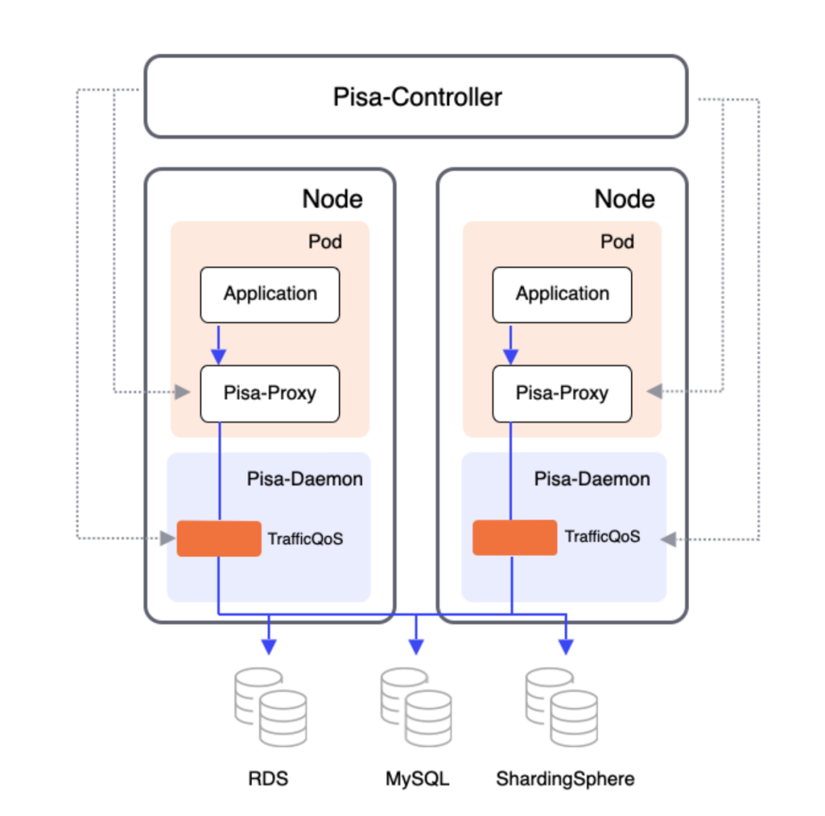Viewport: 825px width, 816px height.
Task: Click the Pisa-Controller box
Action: tap(416, 96)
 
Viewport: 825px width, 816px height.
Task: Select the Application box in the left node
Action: tap(270, 294)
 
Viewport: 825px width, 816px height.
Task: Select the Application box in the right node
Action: tap(562, 294)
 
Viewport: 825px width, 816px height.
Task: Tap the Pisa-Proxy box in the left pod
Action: tap(270, 394)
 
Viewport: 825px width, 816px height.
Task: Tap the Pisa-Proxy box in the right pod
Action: tap(562, 394)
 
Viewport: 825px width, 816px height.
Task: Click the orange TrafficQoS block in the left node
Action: tap(219, 538)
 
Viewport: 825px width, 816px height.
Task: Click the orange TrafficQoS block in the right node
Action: tap(515, 538)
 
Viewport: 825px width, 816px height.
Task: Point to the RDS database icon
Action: tap(270, 707)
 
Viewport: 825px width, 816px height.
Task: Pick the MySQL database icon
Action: tap(416, 707)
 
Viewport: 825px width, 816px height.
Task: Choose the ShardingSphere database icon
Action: tap(561, 707)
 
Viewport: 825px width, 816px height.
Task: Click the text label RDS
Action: tap(268, 779)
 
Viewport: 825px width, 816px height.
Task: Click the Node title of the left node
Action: tap(332, 199)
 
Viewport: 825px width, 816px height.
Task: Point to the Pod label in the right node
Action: tap(617, 242)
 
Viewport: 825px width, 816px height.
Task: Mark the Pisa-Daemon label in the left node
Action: tap(305, 479)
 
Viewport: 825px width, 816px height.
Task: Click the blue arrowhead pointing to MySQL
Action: tap(416, 647)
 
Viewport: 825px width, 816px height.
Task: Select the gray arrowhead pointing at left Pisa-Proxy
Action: tap(183, 392)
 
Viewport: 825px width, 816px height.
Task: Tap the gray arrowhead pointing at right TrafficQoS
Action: tap(668, 539)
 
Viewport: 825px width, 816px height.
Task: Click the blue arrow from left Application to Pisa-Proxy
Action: tap(218, 345)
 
